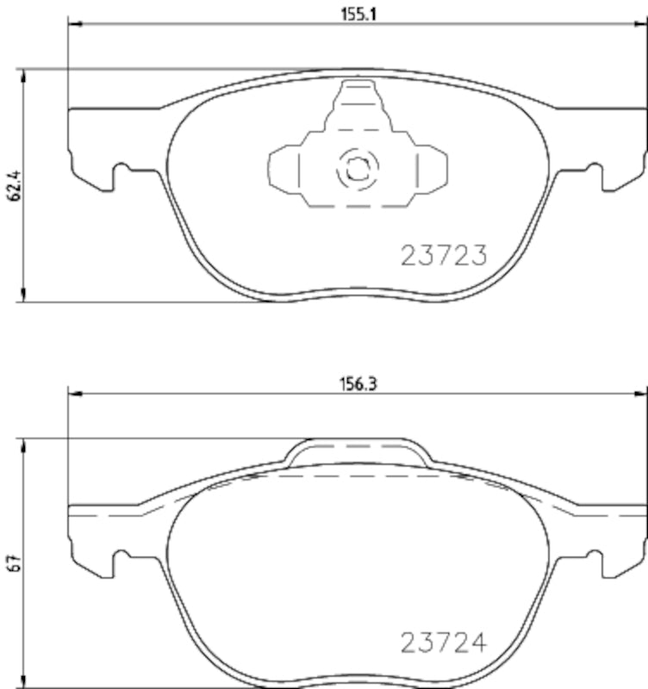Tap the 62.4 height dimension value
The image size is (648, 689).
point(13,185)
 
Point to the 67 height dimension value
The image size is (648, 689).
point(13,564)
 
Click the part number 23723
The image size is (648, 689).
point(445,255)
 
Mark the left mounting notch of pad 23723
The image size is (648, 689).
point(121,172)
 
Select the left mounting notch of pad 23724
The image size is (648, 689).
point(121,560)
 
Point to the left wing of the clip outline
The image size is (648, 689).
point(284,168)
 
